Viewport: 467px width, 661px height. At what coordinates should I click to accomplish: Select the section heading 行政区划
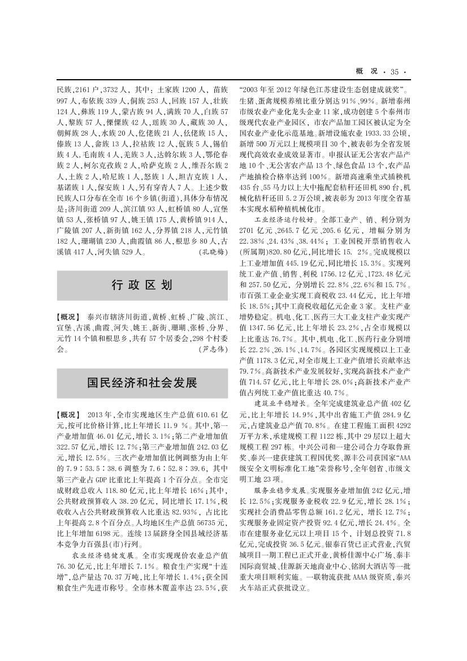[x=142, y=285]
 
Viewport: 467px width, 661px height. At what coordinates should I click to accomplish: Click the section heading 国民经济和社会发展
[x=142, y=383]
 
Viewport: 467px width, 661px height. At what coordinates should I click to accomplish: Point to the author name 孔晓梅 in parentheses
[x=213, y=253]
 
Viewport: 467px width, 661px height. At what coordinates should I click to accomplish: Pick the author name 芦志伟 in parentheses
[x=213, y=350]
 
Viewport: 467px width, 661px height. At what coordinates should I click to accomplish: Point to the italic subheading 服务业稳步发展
[x=288, y=487]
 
